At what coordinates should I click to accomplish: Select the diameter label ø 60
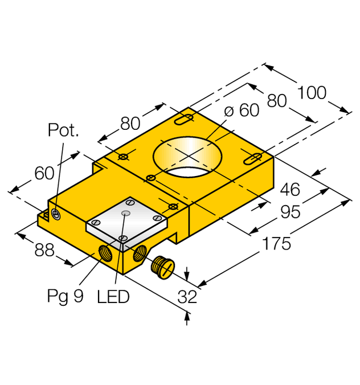point(242,110)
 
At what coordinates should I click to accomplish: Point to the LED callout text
point(113,297)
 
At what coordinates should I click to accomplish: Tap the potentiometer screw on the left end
point(56,214)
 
